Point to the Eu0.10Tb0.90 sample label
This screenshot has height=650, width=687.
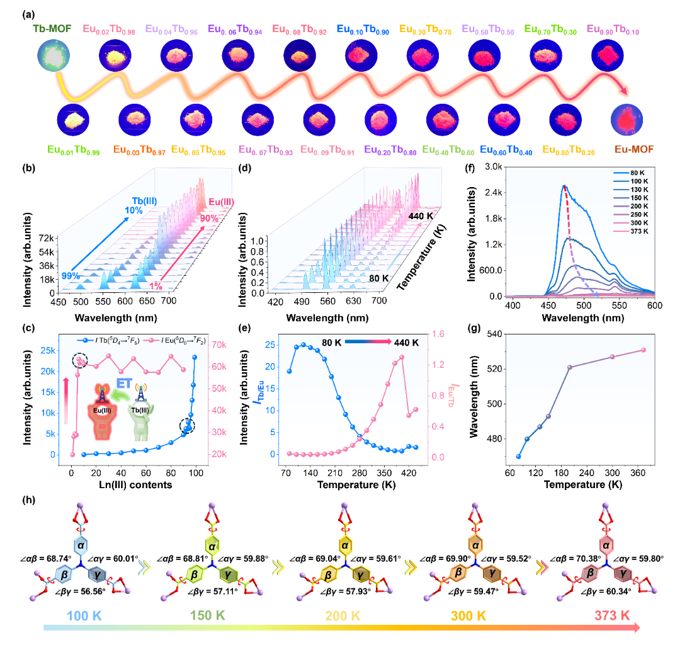(x=362, y=29)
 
